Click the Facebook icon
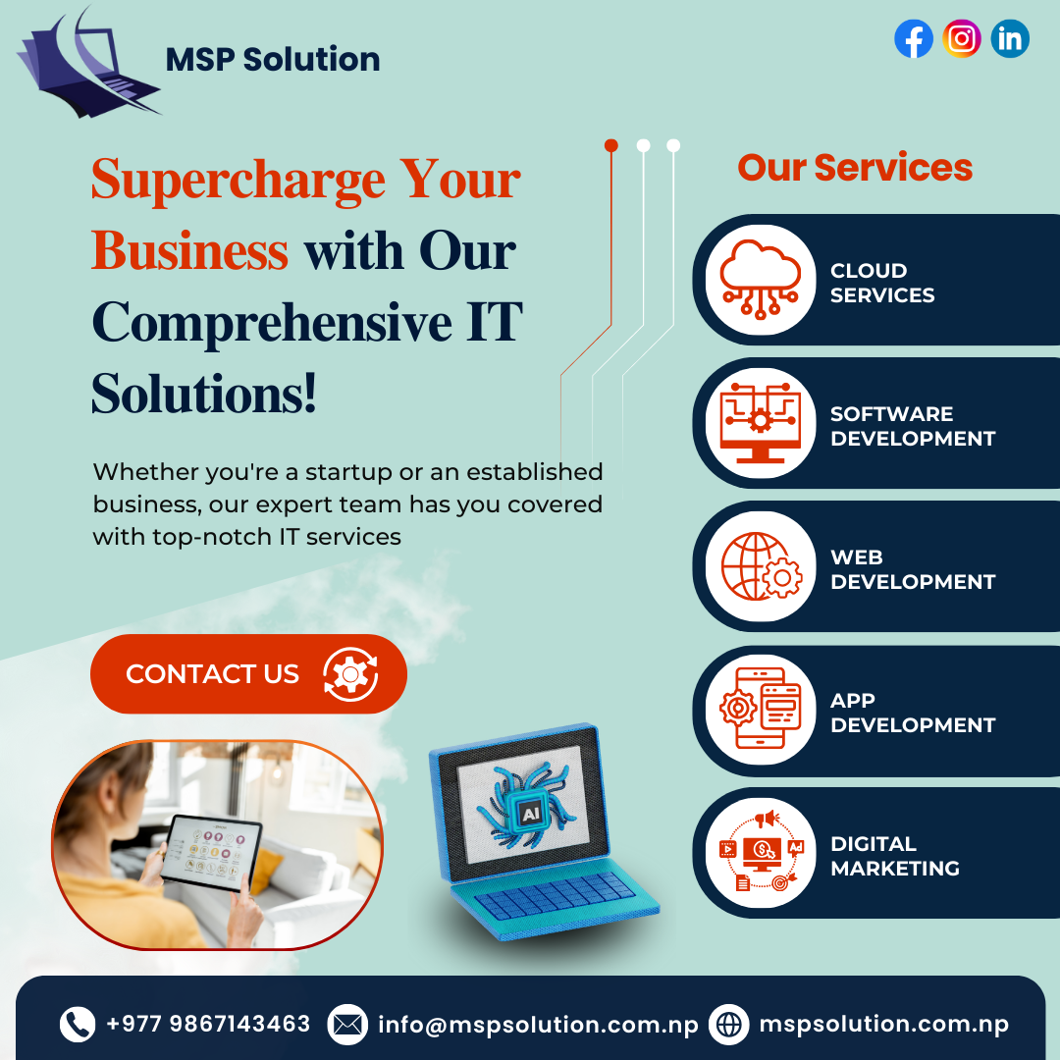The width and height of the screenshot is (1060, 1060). (914, 39)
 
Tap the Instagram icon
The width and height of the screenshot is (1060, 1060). (962, 39)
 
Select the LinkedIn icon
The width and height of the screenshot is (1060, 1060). (1010, 39)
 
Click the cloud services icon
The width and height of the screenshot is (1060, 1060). (761, 279)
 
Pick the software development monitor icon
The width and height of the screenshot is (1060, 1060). (761, 423)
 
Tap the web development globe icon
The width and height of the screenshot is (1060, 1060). (761, 566)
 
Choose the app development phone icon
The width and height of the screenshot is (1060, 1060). (761, 710)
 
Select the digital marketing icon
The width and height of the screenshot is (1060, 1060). (761, 853)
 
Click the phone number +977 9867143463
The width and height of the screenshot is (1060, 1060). (208, 1024)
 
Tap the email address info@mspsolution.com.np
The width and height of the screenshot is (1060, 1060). (538, 1025)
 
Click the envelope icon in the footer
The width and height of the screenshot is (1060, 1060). (346, 1025)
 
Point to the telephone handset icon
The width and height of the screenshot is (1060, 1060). (78, 1025)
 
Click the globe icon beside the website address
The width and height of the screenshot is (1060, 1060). (729, 1025)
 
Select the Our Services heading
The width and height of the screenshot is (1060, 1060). (855, 168)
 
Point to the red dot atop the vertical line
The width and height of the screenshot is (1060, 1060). (611, 145)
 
